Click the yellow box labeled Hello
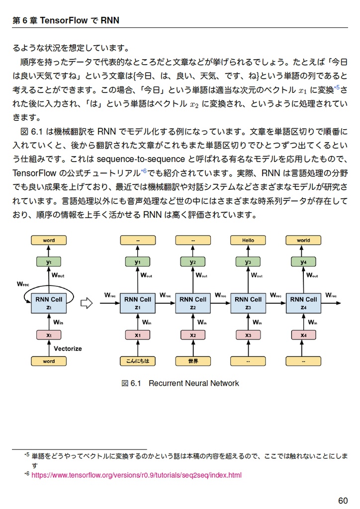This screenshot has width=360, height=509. (x=248, y=241)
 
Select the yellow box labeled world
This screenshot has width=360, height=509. (x=303, y=241)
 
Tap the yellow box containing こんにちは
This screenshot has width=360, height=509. (x=138, y=361)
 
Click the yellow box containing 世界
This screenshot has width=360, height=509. (x=193, y=361)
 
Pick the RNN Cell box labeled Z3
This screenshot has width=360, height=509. (x=248, y=303)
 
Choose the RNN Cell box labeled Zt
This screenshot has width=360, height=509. (x=49, y=303)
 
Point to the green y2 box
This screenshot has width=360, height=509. (x=193, y=261)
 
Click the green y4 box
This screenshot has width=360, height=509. (x=303, y=261)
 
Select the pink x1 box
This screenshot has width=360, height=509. (x=138, y=335)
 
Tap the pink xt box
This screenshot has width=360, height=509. (x=49, y=335)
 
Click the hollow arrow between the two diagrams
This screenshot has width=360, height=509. (x=87, y=303)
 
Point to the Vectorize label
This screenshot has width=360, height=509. (x=68, y=348)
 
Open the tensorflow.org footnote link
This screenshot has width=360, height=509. (x=136, y=475)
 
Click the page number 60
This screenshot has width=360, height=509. (x=343, y=500)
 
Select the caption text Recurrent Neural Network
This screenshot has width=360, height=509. (x=193, y=383)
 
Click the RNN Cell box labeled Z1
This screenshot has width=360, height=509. (x=138, y=303)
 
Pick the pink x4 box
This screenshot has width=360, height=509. (x=303, y=335)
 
